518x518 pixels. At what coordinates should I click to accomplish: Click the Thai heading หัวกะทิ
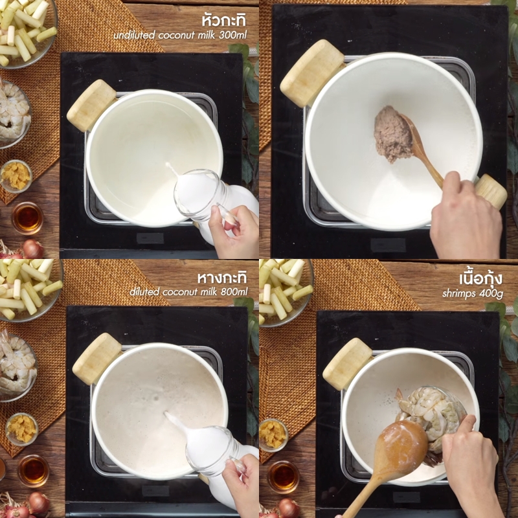(x=224, y=20)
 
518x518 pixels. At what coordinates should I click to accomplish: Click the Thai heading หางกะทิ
(x=222, y=278)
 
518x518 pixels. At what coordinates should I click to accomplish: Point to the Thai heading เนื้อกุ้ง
(x=481, y=278)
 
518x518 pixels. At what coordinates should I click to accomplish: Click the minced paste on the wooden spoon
(x=393, y=134)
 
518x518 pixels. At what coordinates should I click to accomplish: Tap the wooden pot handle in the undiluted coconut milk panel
(x=91, y=106)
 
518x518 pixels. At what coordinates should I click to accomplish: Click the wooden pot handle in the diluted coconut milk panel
(x=97, y=359)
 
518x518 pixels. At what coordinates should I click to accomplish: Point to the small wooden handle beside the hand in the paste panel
(x=491, y=191)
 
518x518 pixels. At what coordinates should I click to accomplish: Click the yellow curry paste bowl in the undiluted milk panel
(x=16, y=176)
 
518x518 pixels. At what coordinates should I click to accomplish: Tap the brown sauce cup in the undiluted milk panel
(x=28, y=218)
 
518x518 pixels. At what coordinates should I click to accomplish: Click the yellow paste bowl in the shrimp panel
(x=273, y=434)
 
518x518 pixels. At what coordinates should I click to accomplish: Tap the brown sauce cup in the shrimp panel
(x=283, y=477)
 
